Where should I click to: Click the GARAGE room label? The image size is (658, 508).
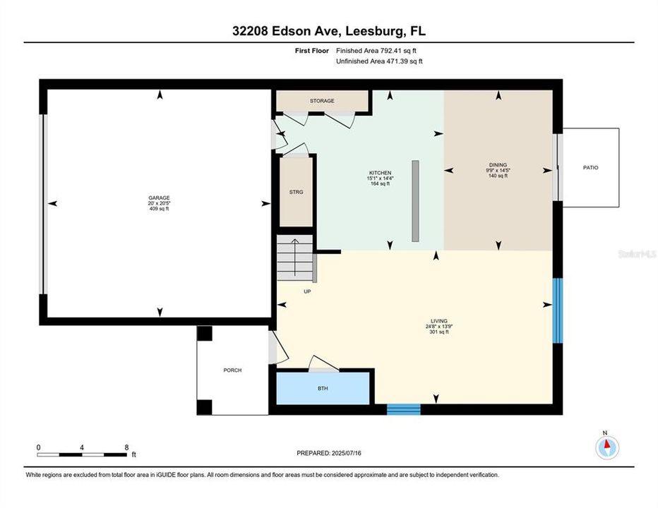click(x=159, y=198)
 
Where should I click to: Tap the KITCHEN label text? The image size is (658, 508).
click(x=380, y=173)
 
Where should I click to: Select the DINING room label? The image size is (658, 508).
click(x=497, y=165)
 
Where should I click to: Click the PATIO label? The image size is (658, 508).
click(x=590, y=168)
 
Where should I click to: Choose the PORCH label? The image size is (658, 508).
click(x=232, y=370)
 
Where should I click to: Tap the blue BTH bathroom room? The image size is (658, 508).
click(x=323, y=388)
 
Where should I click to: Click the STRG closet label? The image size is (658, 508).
click(x=296, y=192)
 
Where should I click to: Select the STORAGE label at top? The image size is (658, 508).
click(x=322, y=101)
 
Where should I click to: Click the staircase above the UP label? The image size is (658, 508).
click(x=293, y=258)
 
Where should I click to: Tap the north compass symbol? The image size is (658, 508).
click(x=606, y=445)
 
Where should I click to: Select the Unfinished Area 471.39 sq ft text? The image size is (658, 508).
click(x=379, y=62)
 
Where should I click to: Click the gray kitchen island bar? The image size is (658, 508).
click(x=416, y=201)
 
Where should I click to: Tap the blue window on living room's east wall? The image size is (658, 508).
click(x=557, y=310)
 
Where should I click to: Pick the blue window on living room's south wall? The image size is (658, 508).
click(x=403, y=409)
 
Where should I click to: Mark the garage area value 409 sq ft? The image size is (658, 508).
click(x=159, y=210)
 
